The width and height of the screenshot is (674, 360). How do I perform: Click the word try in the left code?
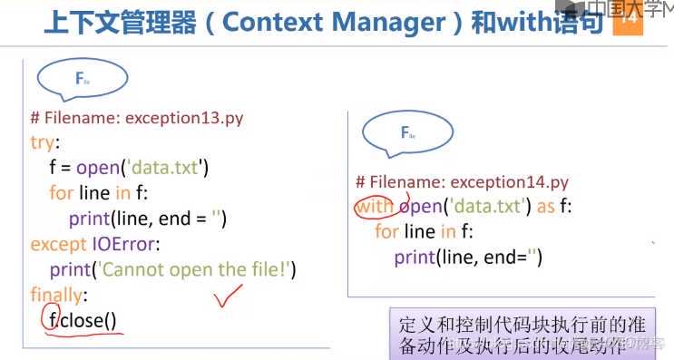click(x=42, y=142)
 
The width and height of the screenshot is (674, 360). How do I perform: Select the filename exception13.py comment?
click(x=136, y=118)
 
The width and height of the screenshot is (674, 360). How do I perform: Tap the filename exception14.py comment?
click(x=462, y=181)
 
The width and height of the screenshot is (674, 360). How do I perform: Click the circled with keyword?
click(x=376, y=206)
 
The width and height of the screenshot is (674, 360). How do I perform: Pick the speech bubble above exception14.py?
click(x=408, y=134)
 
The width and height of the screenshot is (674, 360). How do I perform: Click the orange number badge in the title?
click(x=627, y=24)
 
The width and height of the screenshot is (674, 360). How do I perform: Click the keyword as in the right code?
click(x=545, y=206)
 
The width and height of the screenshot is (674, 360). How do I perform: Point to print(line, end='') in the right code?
click(x=468, y=257)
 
